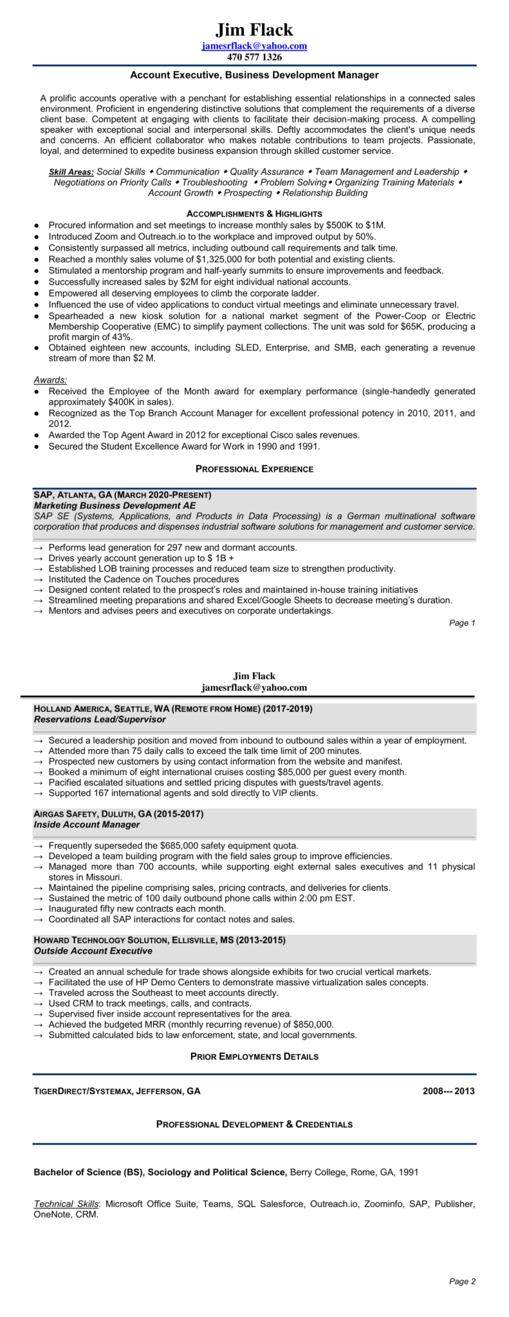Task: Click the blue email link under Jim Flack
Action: [254, 46]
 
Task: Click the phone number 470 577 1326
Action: [254, 57]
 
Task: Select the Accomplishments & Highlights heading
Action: [254, 213]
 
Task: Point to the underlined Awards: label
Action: [50, 380]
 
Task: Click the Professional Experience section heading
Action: [254, 469]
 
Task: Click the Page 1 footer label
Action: [462, 622]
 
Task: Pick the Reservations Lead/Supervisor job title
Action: [100, 719]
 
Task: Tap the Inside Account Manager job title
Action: [86, 824]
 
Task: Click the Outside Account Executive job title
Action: [93, 950]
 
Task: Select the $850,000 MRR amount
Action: [313, 1024]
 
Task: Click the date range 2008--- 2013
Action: [449, 1091]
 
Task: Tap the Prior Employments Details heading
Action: [254, 1057]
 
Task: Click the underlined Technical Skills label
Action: [66, 1204]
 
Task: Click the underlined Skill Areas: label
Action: [71, 172]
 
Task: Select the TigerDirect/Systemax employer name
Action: [82, 1091]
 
